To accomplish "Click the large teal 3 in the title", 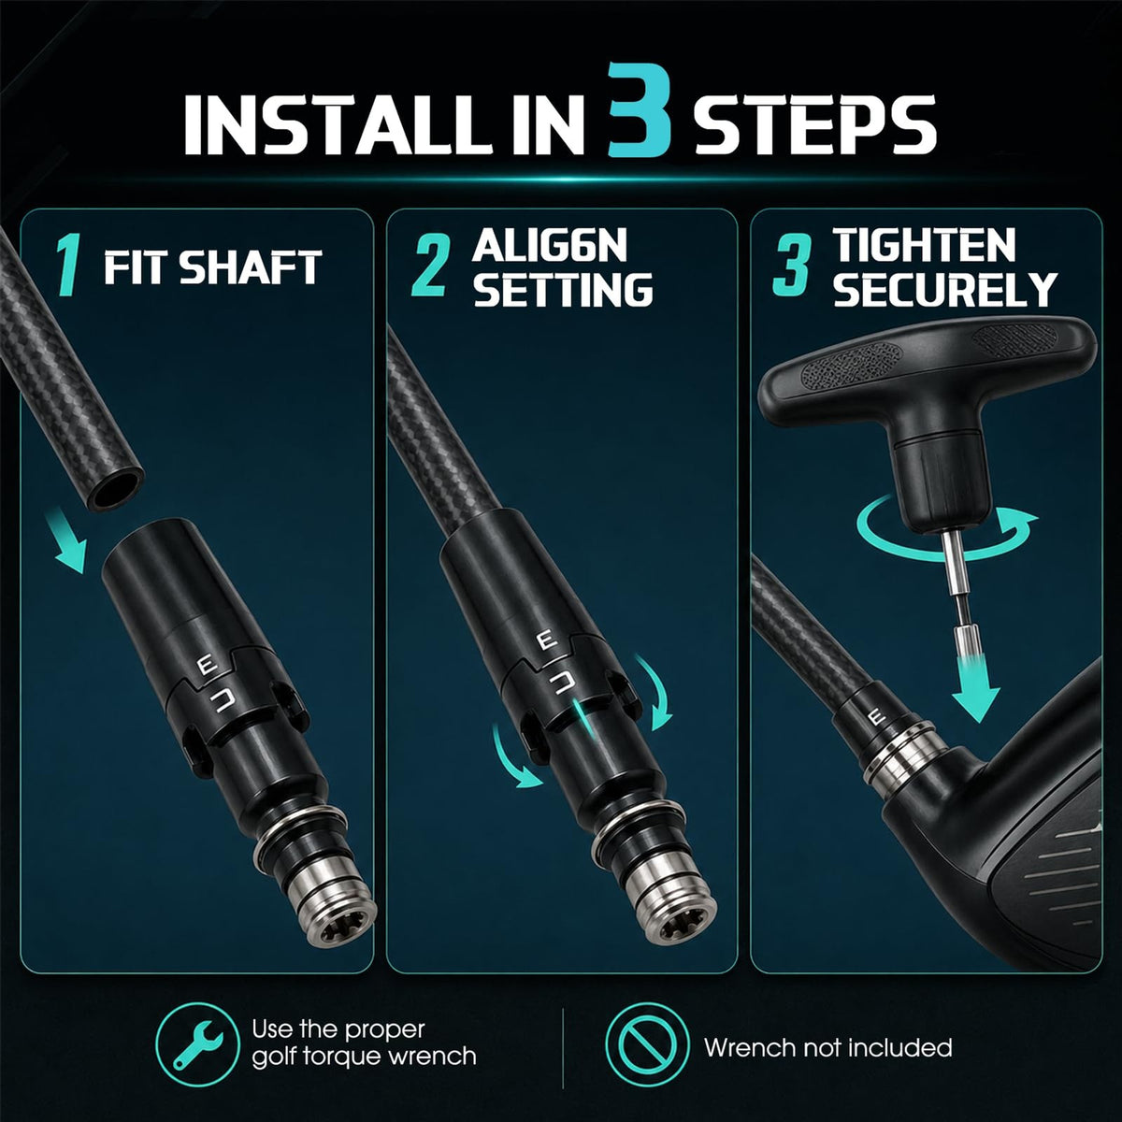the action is (640, 110).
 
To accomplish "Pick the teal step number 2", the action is (429, 265).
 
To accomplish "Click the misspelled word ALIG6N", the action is (550, 246).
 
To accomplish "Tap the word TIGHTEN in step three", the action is (924, 246).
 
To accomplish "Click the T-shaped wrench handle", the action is (926, 373).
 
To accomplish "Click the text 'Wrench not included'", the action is (828, 1047).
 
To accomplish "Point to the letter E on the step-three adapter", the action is (878, 718).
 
